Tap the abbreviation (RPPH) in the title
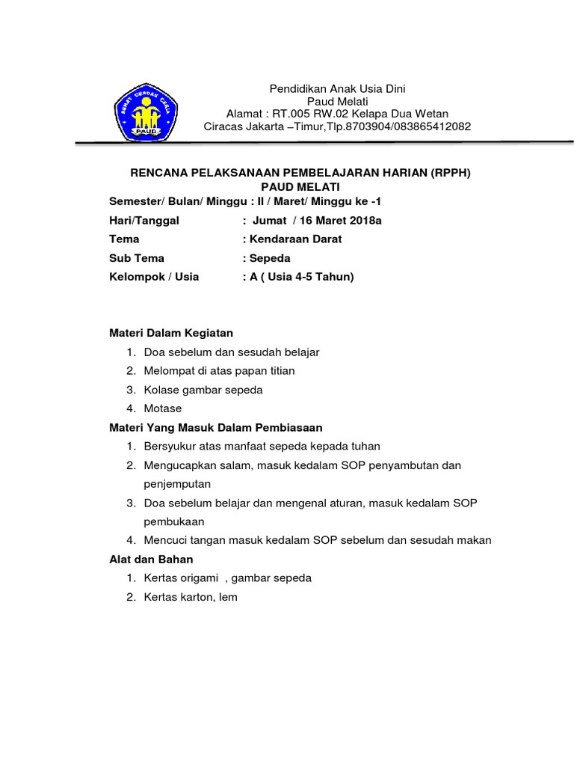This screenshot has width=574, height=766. coord(451,172)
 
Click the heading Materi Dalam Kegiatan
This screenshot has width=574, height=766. coord(171,333)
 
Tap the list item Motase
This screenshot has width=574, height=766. coord(163,408)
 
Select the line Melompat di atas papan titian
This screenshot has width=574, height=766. coord(220,370)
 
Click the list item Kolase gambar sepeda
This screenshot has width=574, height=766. coord(203,390)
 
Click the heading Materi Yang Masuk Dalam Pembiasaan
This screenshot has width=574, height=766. coord(216,427)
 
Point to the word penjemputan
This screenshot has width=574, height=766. coord(178,484)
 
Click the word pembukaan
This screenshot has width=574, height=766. coord(174,521)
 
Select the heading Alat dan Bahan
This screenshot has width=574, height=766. coord(151,560)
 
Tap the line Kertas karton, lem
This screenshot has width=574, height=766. coord(191,597)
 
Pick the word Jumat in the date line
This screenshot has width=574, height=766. coord(270,221)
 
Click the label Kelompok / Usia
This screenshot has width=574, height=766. coord(154,277)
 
